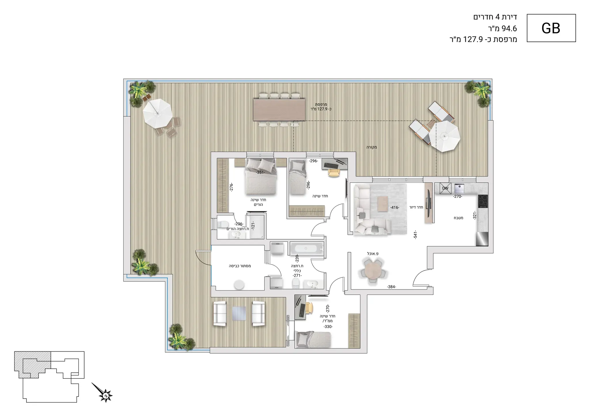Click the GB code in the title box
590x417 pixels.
click(551, 28)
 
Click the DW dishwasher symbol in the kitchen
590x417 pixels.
click(445, 188)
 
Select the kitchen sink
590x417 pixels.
click(459, 188)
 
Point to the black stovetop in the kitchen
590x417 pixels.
click(483, 201)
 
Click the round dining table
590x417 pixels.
click(373, 271)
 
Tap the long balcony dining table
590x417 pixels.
click(279, 110)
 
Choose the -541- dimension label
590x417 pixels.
click(415, 235)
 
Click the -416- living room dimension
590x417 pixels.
click(394, 207)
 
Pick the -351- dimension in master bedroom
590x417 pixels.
click(260, 173)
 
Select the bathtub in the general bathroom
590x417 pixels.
click(307, 249)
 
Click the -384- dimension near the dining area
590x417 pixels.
click(391, 287)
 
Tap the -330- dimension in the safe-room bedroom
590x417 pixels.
click(328, 327)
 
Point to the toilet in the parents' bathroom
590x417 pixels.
click(223, 224)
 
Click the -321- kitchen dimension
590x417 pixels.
click(475, 215)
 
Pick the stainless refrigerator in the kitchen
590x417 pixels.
click(482, 239)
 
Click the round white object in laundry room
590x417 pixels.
click(239, 285)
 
